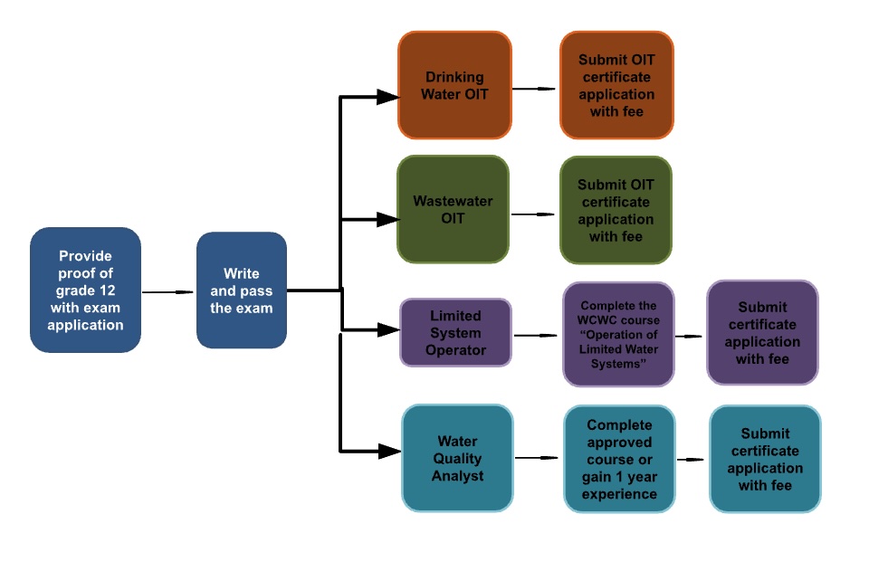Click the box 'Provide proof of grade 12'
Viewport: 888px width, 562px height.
click(x=85, y=290)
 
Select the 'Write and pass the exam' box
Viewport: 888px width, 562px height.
click(x=241, y=290)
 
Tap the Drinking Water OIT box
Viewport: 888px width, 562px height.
click(x=454, y=86)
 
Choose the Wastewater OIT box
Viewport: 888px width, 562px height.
click(x=453, y=210)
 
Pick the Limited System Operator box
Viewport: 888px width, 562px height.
click(x=455, y=332)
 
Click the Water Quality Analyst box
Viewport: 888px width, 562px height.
click(x=457, y=458)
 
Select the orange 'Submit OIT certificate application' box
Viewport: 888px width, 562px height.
click(x=616, y=86)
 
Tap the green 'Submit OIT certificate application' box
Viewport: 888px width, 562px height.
click(x=616, y=210)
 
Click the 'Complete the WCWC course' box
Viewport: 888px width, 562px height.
click(x=618, y=334)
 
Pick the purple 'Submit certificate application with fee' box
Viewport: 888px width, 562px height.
click(x=761, y=332)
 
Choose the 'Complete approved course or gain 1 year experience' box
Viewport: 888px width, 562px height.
click(x=619, y=459)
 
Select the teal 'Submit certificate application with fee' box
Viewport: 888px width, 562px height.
click(x=765, y=459)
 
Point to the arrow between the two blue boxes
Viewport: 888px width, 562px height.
click(x=168, y=292)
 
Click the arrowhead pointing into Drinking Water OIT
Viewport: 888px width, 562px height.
click(x=387, y=97)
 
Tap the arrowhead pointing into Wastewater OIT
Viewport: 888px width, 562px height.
click(x=387, y=219)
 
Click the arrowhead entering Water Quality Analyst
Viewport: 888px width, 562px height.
click(x=389, y=450)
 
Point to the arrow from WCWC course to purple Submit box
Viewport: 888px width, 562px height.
click(x=690, y=336)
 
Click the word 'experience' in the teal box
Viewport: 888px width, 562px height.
click(x=619, y=494)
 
